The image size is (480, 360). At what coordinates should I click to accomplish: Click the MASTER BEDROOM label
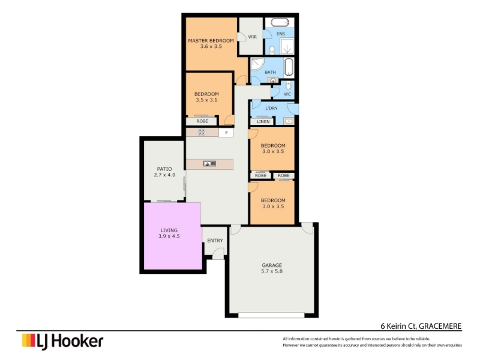coord(211,40)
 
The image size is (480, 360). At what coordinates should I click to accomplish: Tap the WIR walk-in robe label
coord(252,37)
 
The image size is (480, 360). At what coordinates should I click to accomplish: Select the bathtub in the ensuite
coord(280,23)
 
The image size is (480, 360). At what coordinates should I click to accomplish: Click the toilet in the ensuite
coord(272,50)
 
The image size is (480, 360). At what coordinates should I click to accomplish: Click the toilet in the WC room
coord(289,85)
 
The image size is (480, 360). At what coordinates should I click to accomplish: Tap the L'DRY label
coord(271,108)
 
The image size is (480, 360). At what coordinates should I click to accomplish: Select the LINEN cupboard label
coord(263,122)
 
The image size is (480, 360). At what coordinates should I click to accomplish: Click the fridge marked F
coord(226,133)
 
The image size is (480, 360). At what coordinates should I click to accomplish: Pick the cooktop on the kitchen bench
coord(202,132)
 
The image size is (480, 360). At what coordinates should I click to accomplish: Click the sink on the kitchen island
coord(209,164)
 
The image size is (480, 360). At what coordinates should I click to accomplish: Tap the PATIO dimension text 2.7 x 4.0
coord(164,175)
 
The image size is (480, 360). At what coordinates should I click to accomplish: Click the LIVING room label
coord(169,230)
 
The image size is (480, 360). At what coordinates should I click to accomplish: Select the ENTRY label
coord(215,241)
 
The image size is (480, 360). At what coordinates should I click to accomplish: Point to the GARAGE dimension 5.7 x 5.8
coord(272,271)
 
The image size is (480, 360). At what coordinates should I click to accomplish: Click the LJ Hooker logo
coord(62,341)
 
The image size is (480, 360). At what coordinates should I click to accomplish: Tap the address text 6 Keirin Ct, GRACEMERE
coord(421,326)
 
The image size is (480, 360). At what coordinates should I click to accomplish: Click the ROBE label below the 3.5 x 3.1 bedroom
coord(202,121)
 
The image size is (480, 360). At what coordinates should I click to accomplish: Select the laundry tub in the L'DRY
coord(289,121)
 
